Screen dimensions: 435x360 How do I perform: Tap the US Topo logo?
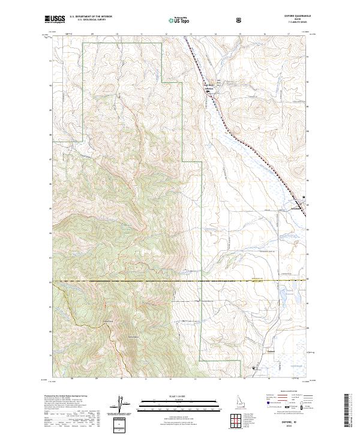[180, 20]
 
